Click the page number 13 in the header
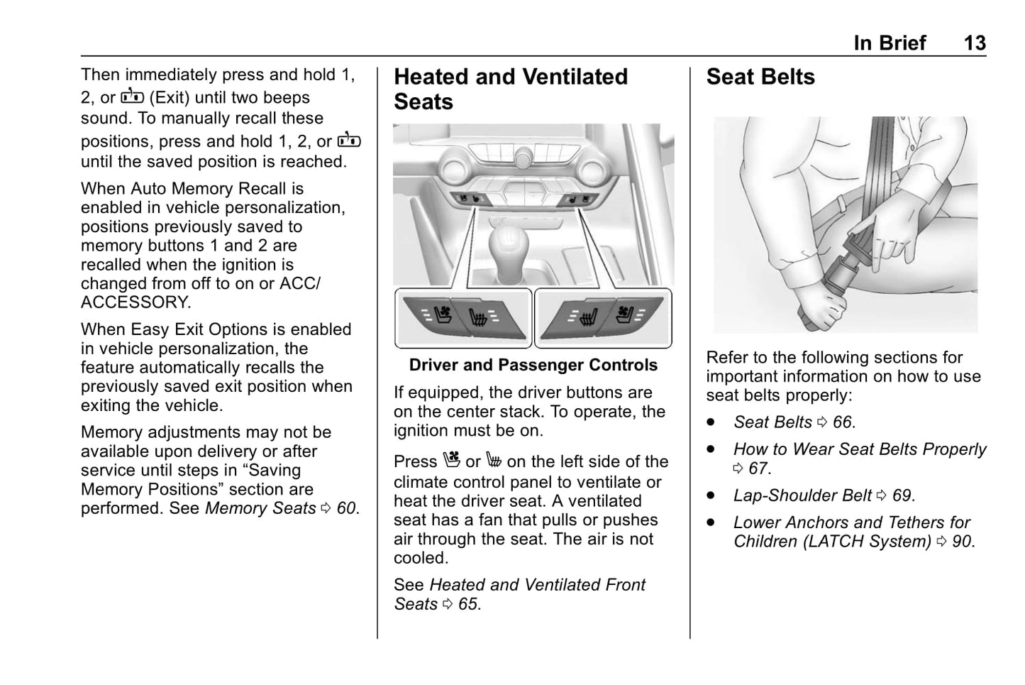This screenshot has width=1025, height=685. pyautogui.click(x=974, y=43)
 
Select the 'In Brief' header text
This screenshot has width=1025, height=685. pyautogui.click(x=890, y=43)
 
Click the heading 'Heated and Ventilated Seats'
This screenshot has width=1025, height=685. pyautogui.click(x=510, y=89)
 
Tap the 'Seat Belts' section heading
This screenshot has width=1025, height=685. pyautogui.click(x=760, y=77)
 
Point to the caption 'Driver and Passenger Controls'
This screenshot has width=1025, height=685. pyautogui.click(x=533, y=365)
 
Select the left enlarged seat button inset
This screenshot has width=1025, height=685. pyautogui.click(x=463, y=317)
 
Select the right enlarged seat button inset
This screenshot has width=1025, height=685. pyautogui.click(x=602, y=317)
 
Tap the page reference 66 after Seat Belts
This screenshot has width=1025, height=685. pyautogui.click(x=842, y=422)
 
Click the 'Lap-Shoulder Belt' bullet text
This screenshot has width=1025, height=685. pyautogui.click(x=802, y=495)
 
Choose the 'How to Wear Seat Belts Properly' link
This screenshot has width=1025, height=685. pyautogui.click(x=860, y=449)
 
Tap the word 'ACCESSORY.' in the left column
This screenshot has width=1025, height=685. pyautogui.click(x=135, y=302)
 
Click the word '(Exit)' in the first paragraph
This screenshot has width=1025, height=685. pyautogui.click(x=170, y=98)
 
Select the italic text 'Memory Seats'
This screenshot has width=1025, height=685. pyautogui.click(x=260, y=509)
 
